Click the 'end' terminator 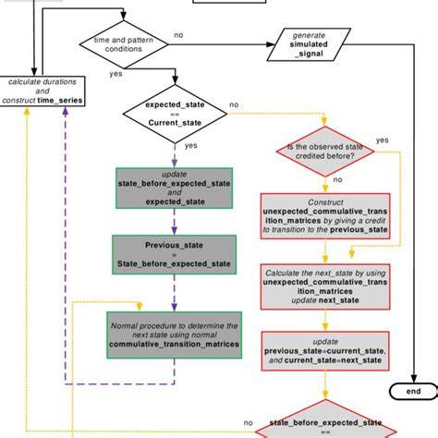click(x=411, y=392)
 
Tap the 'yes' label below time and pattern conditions click(x=116, y=73)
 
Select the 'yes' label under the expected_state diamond click(x=191, y=146)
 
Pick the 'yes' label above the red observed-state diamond click(x=382, y=139)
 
